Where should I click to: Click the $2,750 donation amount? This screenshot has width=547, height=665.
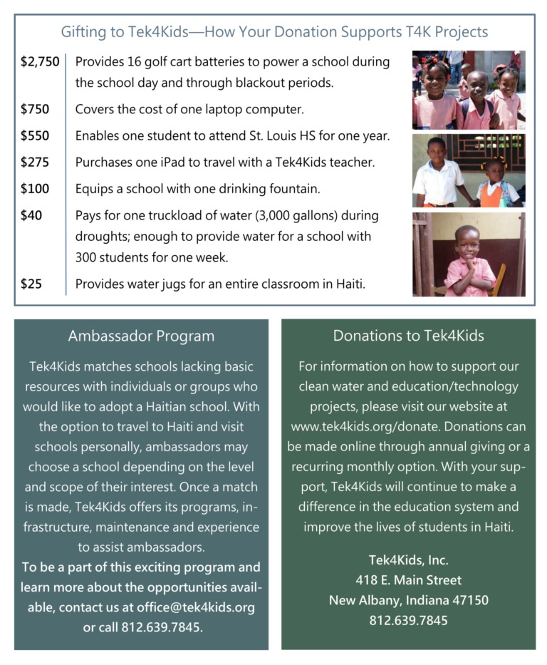click(40, 62)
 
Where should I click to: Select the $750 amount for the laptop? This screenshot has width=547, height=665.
click(35, 109)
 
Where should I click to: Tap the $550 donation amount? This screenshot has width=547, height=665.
click(35, 135)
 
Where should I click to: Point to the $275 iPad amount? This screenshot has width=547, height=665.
click(35, 162)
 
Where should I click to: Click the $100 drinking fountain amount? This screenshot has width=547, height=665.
click(35, 189)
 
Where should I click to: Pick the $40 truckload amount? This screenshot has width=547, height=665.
click(31, 215)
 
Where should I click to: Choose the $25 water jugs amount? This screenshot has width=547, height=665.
click(31, 284)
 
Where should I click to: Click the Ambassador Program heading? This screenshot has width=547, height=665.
click(141, 336)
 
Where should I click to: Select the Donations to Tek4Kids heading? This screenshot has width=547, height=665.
click(408, 336)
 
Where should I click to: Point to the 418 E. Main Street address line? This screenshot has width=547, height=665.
click(408, 580)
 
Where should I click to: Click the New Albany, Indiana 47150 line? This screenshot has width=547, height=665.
click(408, 600)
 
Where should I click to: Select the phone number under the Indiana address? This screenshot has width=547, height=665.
click(408, 620)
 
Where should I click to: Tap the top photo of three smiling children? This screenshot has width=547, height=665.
click(469, 89)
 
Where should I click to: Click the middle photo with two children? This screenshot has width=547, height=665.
click(469, 170)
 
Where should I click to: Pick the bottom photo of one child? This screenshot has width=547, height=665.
click(469, 254)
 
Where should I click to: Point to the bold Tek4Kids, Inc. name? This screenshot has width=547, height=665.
click(408, 560)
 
